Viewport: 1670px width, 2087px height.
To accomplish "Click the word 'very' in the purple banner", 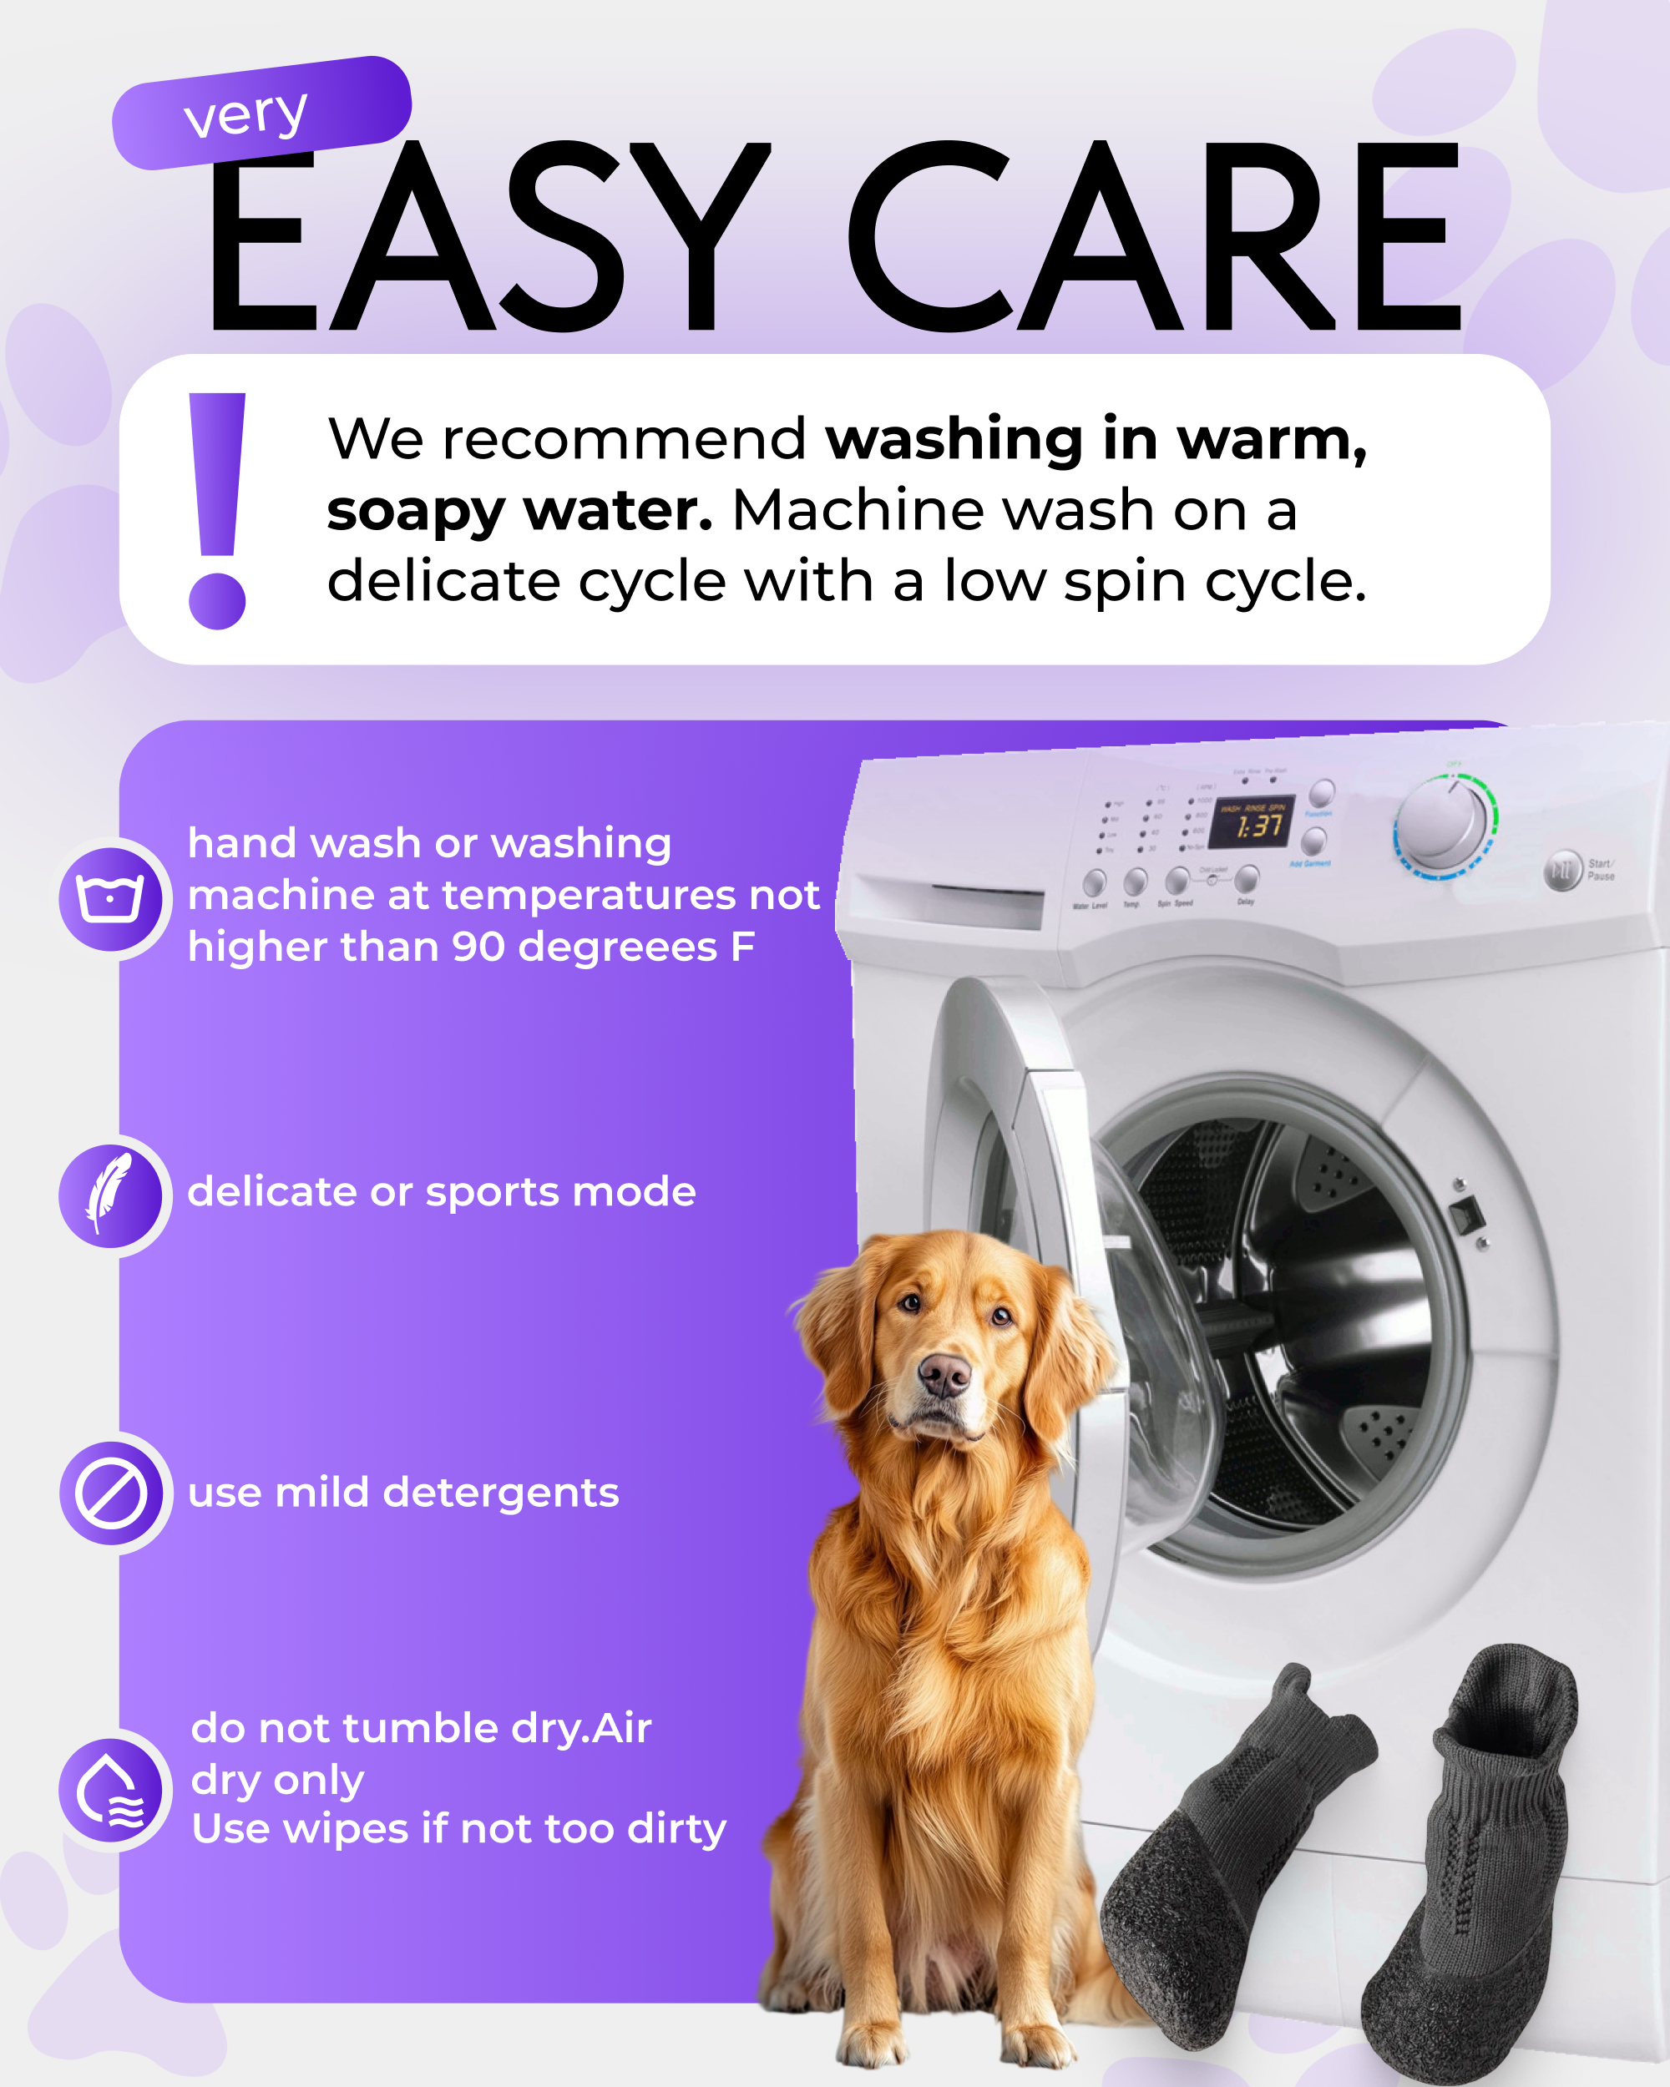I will [x=245, y=115].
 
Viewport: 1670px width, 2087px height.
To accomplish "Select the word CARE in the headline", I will [x=1152, y=237].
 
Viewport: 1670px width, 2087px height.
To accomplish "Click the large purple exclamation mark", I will [x=217, y=510].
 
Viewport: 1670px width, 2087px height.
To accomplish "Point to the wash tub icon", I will [x=110, y=897].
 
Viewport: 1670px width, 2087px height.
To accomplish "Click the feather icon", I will [x=110, y=1194].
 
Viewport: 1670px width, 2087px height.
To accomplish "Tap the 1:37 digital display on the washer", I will [x=1259, y=825].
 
